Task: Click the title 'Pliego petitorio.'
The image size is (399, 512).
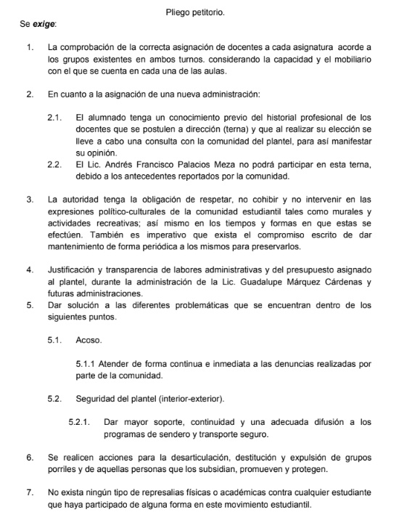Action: pos(199,9)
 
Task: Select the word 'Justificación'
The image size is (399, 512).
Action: pos(75,270)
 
